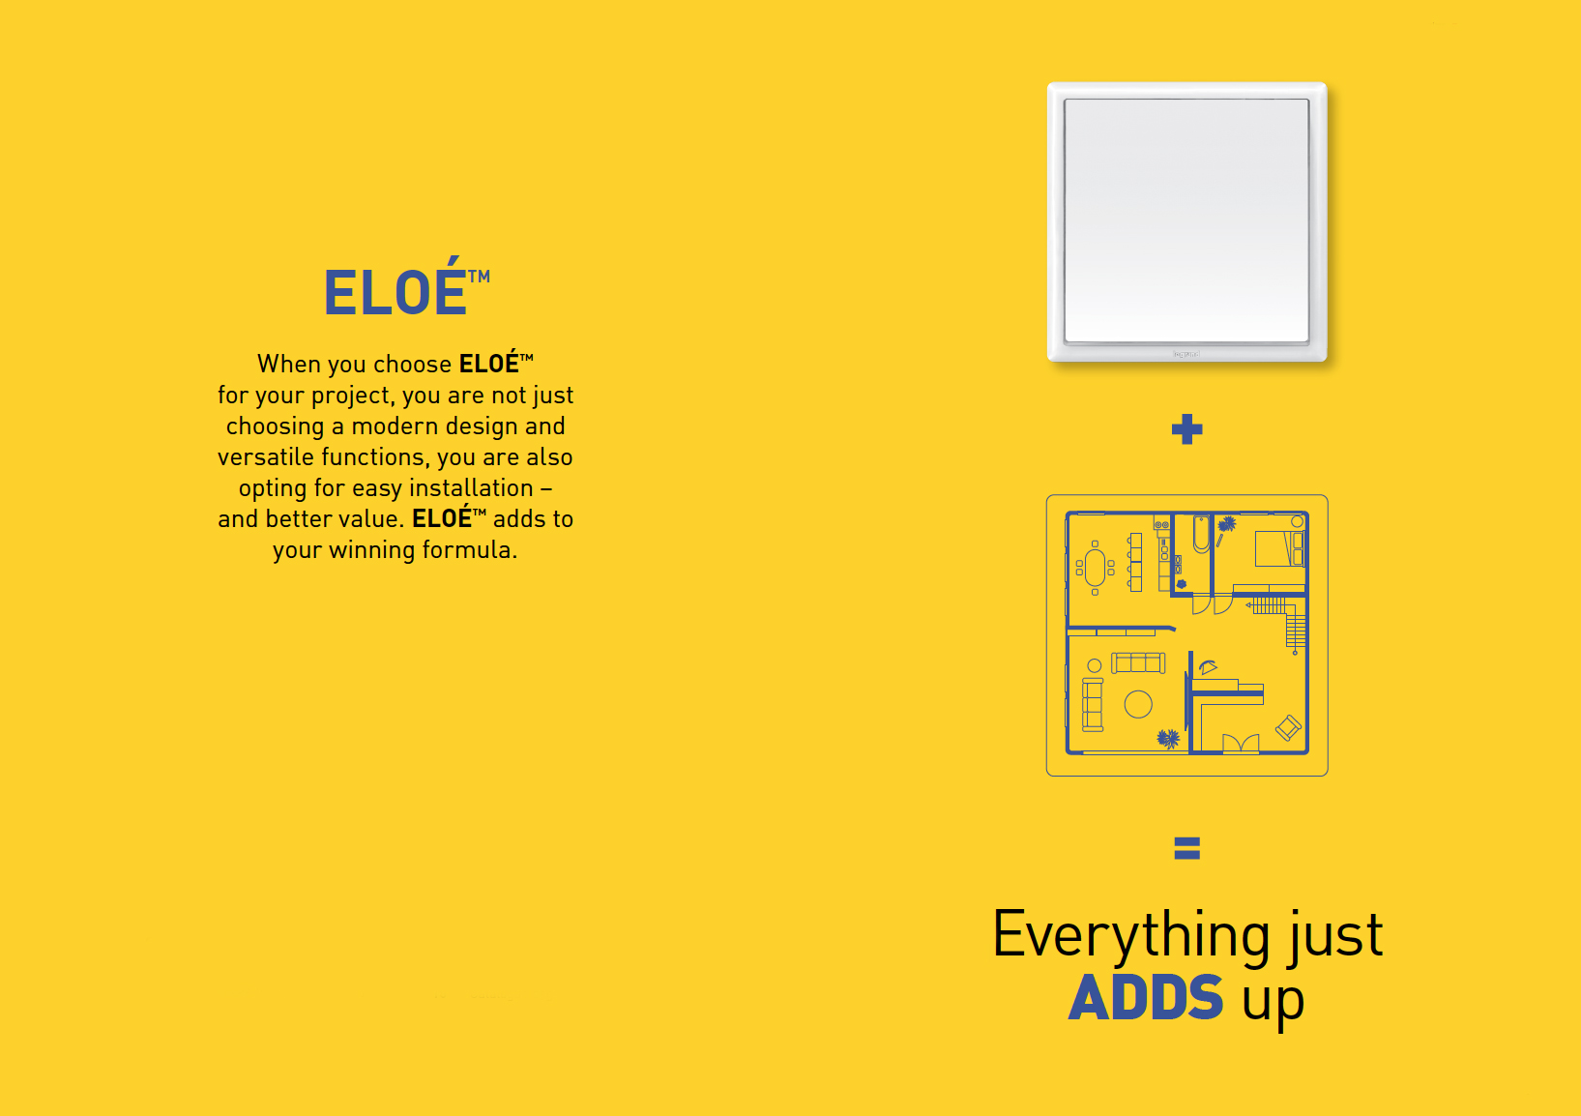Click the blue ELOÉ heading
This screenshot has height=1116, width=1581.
pyautogui.click(x=406, y=286)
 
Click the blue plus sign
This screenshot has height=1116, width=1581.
pyautogui.click(x=1186, y=429)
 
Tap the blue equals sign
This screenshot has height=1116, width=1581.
pyautogui.click(x=1186, y=848)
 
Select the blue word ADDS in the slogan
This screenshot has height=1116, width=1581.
pyautogui.click(x=1146, y=997)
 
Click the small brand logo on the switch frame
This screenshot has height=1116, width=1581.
pyautogui.click(x=1186, y=354)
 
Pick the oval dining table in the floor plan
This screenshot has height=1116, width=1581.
pyautogui.click(x=1095, y=568)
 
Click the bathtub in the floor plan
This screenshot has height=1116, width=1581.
pyautogui.click(x=1201, y=535)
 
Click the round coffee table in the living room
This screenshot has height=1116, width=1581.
pyautogui.click(x=1138, y=704)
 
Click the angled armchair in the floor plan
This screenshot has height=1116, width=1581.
pyautogui.click(x=1288, y=728)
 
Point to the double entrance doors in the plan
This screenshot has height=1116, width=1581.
pyautogui.click(x=1240, y=743)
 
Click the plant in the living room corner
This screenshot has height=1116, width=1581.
pyautogui.click(x=1168, y=738)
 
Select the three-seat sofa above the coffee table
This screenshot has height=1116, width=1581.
pyautogui.click(x=1138, y=662)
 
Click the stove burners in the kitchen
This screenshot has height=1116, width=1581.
pyautogui.click(x=1161, y=524)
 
